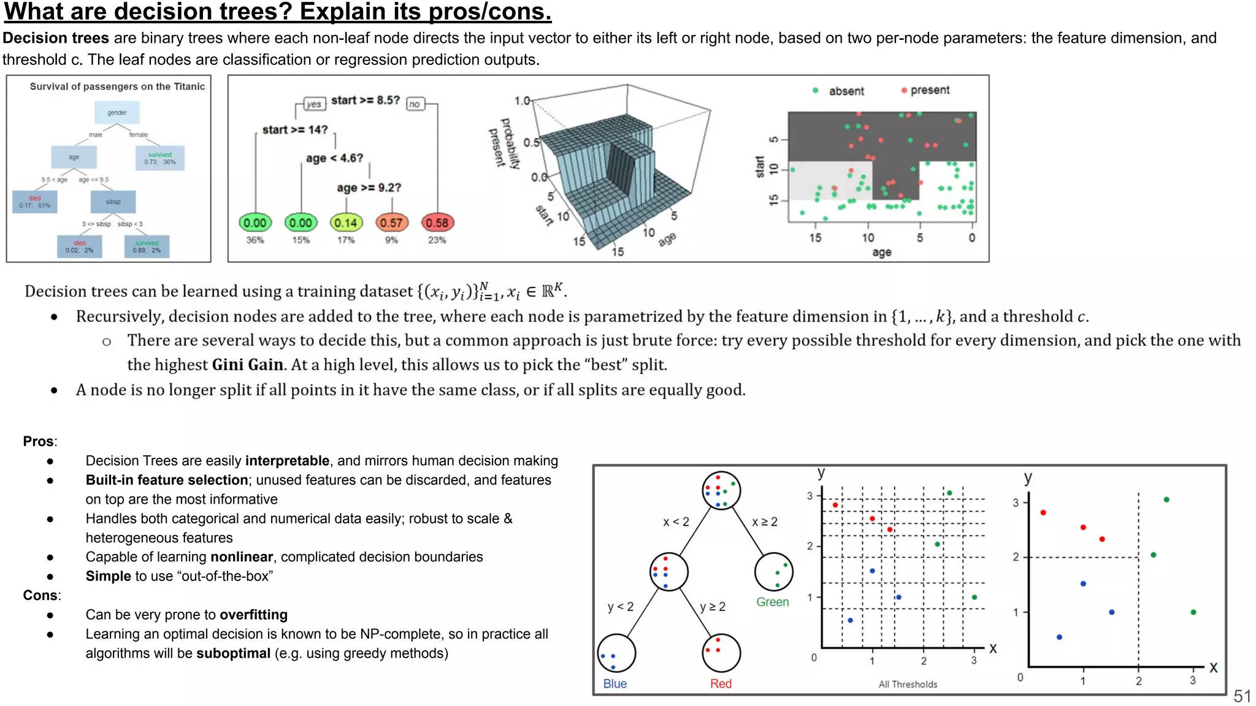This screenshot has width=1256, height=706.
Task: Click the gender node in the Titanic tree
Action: pyautogui.click(x=117, y=113)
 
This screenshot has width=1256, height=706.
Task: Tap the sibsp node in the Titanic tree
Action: pyautogui.click(x=113, y=202)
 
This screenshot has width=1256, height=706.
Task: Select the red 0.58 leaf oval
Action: pyautogui.click(x=437, y=223)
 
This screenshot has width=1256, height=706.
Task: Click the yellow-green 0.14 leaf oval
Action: pyautogui.click(x=346, y=223)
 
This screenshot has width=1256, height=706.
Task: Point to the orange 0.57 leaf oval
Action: pyautogui.click(x=391, y=223)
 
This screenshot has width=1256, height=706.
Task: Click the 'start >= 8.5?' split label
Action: pyautogui.click(x=365, y=101)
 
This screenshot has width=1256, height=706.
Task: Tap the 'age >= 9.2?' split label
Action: pyautogui.click(x=369, y=188)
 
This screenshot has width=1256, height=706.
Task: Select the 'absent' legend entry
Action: pyautogui.click(x=846, y=91)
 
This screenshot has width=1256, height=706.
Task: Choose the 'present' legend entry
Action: pyautogui.click(x=929, y=90)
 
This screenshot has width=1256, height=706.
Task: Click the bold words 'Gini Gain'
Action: pyautogui.click(x=248, y=365)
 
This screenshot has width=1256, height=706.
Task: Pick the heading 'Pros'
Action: pyautogui.click(x=38, y=441)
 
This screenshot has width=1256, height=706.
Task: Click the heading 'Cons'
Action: pyautogui.click(x=40, y=595)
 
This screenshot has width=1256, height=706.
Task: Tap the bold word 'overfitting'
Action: pyautogui.click(x=253, y=615)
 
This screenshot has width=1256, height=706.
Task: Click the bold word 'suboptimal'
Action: pyautogui.click(x=233, y=653)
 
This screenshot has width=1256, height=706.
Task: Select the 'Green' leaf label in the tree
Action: pyautogui.click(x=772, y=602)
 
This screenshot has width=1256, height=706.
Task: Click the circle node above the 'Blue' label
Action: pyautogui.click(x=616, y=653)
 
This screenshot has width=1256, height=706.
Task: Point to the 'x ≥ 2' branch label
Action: pyautogui.click(x=764, y=522)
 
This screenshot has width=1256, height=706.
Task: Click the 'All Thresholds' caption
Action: pyautogui.click(x=908, y=684)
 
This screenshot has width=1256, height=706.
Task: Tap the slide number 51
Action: pyautogui.click(x=1242, y=696)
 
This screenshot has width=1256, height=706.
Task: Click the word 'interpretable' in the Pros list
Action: pyautogui.click(x=287, y=461)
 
